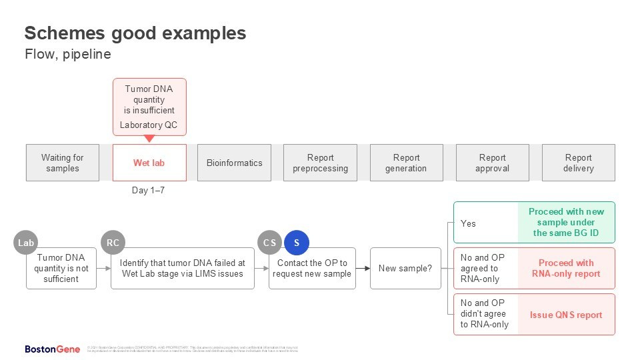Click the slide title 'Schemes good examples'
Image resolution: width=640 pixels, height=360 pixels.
(135, 33)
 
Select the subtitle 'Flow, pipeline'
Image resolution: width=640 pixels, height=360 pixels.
(67, 55)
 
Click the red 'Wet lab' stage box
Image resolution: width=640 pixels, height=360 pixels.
(149, 163)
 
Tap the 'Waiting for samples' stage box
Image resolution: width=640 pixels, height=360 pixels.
(63, 163)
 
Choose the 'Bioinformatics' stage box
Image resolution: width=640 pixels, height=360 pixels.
(234, 163)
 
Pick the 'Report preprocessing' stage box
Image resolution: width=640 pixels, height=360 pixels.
(320, 163)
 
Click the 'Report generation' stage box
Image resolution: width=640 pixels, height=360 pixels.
(406, 163)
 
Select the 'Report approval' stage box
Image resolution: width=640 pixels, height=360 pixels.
(492, 163)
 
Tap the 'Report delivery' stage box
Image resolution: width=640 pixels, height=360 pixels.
(578, 163)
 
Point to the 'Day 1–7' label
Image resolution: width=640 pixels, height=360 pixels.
(149, 191)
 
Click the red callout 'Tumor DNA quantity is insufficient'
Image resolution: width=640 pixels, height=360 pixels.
(149, 105)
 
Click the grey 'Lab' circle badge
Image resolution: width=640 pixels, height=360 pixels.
(26, 243)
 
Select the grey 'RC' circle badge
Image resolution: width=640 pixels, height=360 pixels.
(113, 243)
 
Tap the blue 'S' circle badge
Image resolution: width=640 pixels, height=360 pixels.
(297, 243)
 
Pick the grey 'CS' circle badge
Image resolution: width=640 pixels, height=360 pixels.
(270, 243)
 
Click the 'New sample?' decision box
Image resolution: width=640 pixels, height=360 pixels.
(405, 268)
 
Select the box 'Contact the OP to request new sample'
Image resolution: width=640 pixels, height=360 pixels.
(313, 268)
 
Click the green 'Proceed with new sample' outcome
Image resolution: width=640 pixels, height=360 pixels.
(566, 222)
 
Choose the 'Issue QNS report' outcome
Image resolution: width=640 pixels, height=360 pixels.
(566, 315)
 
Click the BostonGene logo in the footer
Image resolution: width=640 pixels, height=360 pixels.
(53, 349)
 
